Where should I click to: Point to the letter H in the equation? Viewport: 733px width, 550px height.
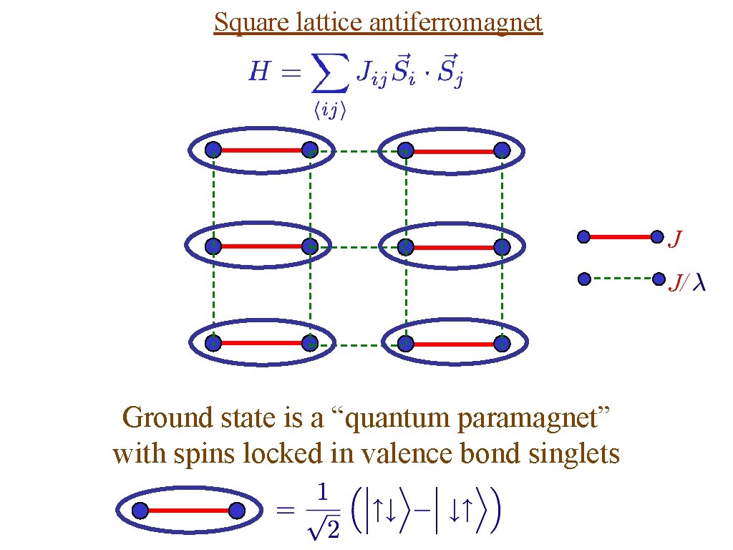258,72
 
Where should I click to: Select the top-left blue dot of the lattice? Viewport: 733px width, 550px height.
213,150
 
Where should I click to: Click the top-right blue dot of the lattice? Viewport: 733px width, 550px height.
502,150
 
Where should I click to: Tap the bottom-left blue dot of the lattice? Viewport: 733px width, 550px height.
213,344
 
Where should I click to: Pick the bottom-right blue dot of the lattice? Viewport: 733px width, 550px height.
502,344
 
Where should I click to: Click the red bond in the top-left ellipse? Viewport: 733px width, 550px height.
261,150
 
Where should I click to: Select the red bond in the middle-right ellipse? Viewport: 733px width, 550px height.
454,247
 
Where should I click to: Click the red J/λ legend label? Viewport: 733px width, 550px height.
686,284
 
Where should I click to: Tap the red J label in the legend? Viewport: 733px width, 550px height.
674,239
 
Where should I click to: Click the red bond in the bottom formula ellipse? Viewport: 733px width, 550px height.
189,511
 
